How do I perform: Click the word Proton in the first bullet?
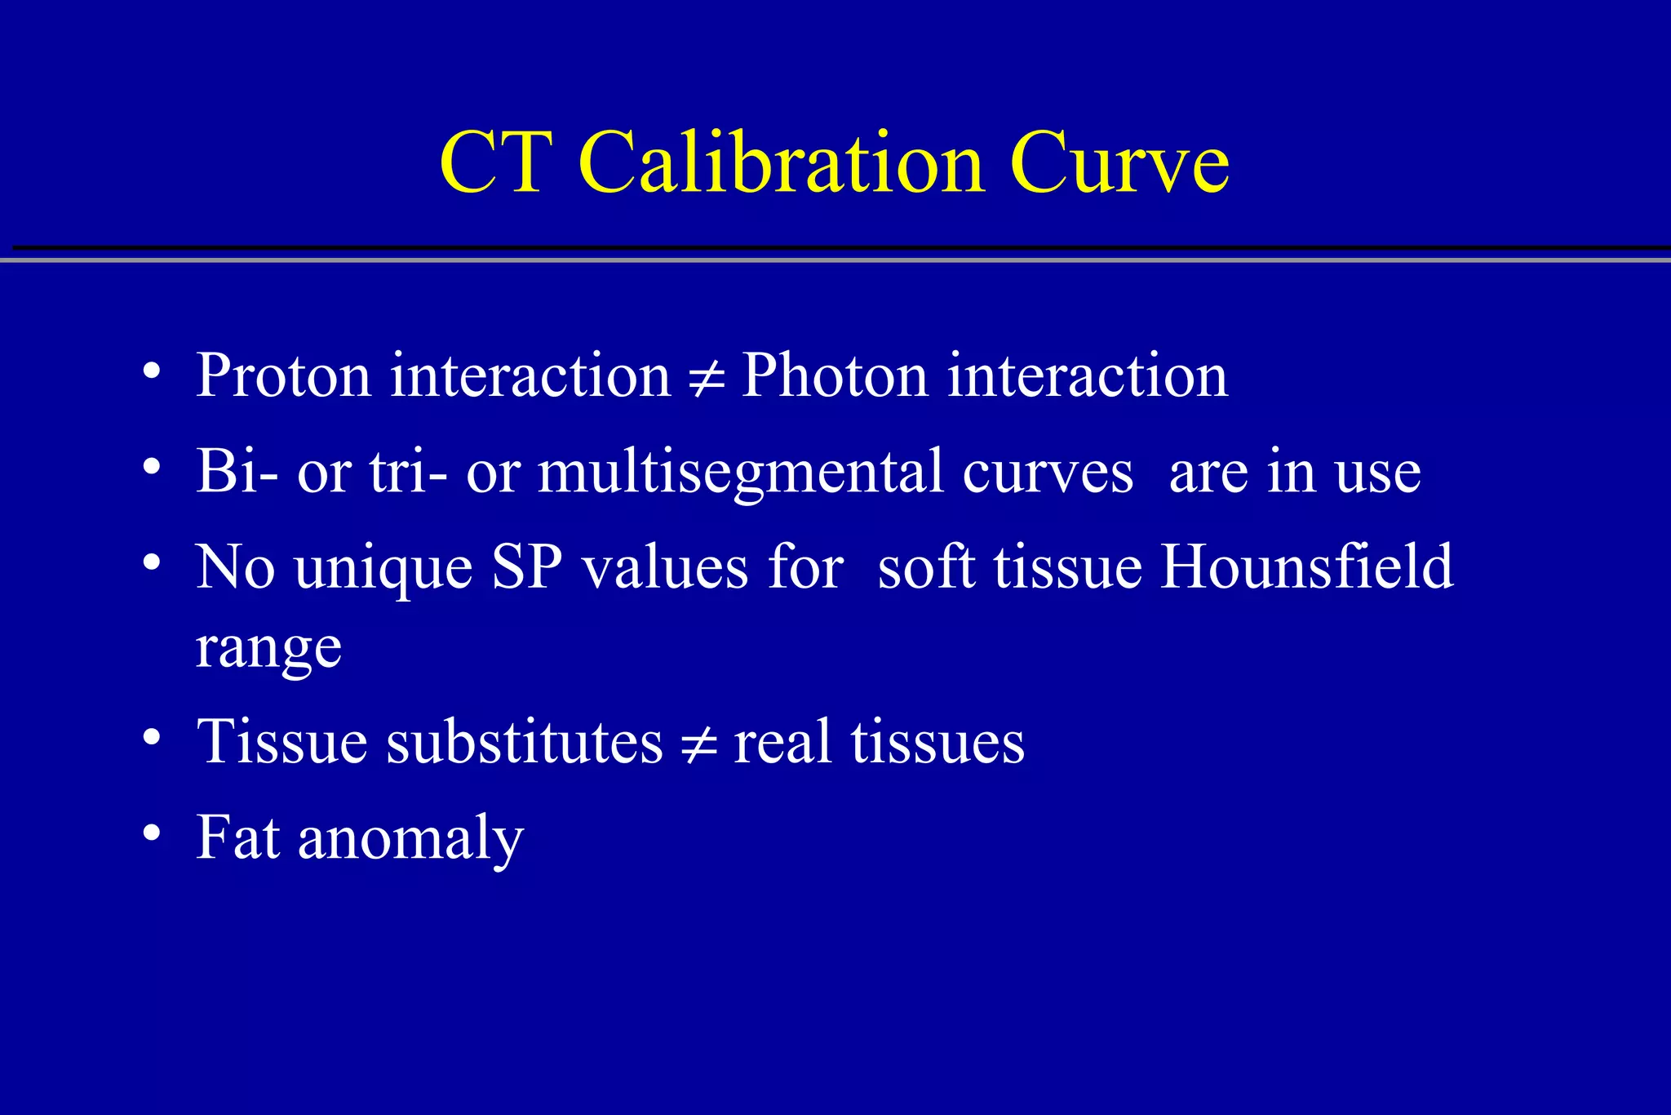coord(283,375)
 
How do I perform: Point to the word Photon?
coord(834,375)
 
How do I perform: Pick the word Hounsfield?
coord(1306,566)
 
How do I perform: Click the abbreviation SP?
coord(526,566)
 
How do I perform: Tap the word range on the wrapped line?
coord(268,648)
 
